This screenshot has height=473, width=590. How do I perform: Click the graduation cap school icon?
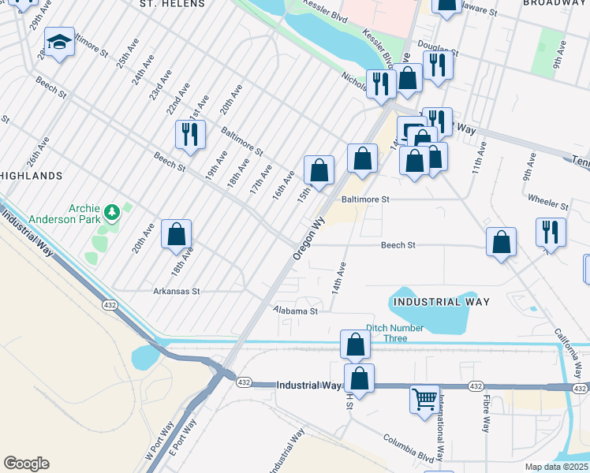pyautogui.click(x=59, y=42)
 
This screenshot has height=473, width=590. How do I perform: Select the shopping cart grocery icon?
pyautogui.click(x=424, y=400)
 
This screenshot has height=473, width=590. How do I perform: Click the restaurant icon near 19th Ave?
pyautogui.click(x=190, y=135)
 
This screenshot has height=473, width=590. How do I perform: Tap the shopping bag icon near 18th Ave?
pyautogui.click(x=177, y=234)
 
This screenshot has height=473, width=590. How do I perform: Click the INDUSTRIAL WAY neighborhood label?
pyautogui.click(x=442, y=302)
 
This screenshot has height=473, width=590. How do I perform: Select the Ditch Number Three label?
pyautogui.click(x=395, y=333)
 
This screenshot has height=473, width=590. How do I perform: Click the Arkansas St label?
pyautogui.click(x=177, y=291)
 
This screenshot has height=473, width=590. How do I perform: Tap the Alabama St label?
pyautogui.click(x=295, y=311)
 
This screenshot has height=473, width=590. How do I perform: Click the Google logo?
pyautogui.click(x=26, y=464)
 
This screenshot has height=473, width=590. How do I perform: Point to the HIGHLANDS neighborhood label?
pyautogui.click(x=32, y=175)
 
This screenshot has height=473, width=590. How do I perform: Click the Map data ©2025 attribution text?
pyautogui.click(x=557, y=467)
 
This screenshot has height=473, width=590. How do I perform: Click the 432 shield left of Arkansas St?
pyautogui.click(x=109, y=303)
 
